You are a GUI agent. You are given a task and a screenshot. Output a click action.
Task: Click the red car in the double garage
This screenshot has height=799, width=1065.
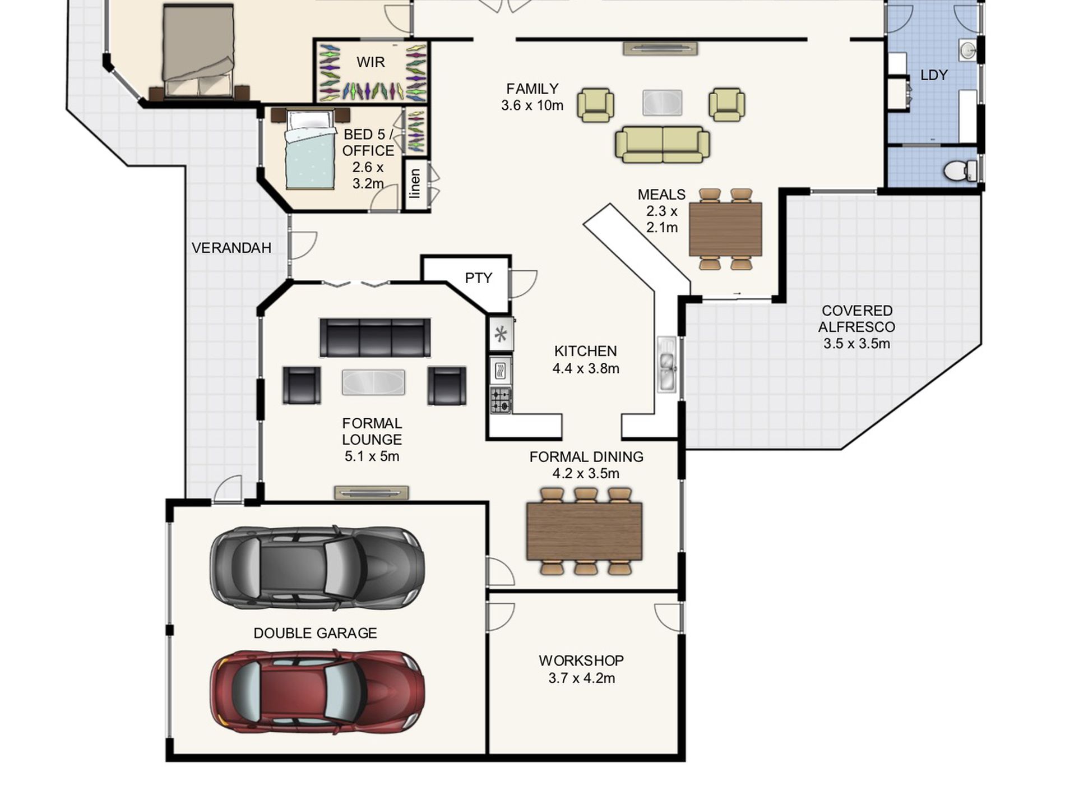pos(317,691)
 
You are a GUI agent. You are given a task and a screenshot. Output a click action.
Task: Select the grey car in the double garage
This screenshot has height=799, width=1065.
pos(317,567)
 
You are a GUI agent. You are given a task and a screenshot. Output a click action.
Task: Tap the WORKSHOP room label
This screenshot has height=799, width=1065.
pos(581,661)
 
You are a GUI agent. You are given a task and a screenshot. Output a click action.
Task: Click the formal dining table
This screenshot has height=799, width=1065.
pos(585,531)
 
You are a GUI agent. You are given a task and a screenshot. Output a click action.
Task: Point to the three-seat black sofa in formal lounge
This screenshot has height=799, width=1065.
pos(376,338)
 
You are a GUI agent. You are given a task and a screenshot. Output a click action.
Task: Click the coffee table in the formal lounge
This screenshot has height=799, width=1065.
pos(373,382)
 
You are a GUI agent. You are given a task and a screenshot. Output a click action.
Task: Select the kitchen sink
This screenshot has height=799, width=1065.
pos(667,364)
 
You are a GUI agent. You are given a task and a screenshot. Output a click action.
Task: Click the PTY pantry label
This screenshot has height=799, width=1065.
pos(478,278)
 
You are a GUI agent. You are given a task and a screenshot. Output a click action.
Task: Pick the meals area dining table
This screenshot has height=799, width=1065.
pos(725,229)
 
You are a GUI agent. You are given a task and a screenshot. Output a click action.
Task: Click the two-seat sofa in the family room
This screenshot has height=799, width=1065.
pos(663,145)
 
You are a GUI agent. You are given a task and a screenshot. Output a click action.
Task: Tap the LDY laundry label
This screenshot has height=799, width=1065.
pos(934,75)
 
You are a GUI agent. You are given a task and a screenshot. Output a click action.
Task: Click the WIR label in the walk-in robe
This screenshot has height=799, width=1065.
pos(371,62)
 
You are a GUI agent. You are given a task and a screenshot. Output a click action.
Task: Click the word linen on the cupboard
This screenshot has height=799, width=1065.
pos(415,184)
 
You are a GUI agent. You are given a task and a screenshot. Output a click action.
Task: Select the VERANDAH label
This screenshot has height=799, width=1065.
pos(231,248)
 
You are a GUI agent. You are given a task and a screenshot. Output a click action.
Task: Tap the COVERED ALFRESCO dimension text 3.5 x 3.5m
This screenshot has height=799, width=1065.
pos(856,344)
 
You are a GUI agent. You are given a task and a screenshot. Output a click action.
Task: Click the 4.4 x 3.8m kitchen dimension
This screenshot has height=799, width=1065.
pos(586,368)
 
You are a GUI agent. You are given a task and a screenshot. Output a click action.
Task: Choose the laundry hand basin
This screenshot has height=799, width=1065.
pos(968,50)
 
